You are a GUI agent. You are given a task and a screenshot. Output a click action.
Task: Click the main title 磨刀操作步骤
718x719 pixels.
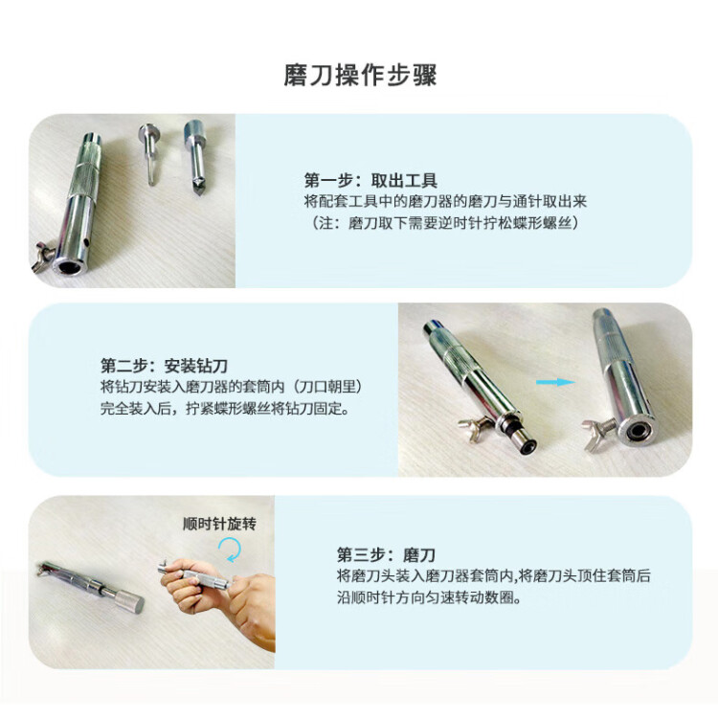pyautogui.click(x=360, y=76)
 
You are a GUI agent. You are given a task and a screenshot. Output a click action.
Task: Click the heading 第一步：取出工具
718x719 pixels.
pyautogui.click(x=370, y=180)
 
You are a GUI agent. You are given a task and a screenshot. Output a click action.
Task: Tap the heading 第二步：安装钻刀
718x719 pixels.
pyautogui.click(x=164, y=366)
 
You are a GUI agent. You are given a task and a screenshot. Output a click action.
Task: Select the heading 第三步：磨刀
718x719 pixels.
pyautogui.click(x=386, y=554)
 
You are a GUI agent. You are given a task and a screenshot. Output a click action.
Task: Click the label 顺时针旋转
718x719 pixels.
pyautogui.click(x=219, y=524)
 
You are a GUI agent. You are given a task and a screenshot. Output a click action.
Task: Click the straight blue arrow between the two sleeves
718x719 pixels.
pyautogui.click(x=555, y=382)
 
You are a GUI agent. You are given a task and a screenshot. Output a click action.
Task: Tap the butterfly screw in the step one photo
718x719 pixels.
pyautogui.click(x=42, y=258)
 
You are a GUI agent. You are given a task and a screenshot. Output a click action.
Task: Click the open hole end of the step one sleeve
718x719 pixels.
pyautogui.click(x=70, y=265)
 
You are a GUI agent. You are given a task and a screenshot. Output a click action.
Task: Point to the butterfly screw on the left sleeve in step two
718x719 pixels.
pyautogui.click(x=475, y=429)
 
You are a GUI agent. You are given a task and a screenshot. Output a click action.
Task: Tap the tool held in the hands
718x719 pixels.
pyautogui.click(x=195, y=576)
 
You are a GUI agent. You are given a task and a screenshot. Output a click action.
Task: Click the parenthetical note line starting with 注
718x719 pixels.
pyautogui.click(x=442, y=223)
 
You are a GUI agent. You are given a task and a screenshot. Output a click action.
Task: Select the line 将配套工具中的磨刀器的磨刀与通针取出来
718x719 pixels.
pyautogui.click(x=446, y=202)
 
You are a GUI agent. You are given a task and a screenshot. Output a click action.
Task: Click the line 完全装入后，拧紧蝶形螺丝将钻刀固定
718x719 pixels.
pyautogui.click(x=225, y=408)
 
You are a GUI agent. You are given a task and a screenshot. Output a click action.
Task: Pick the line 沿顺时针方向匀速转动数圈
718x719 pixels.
pyautogui.click(x=429, y=598)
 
